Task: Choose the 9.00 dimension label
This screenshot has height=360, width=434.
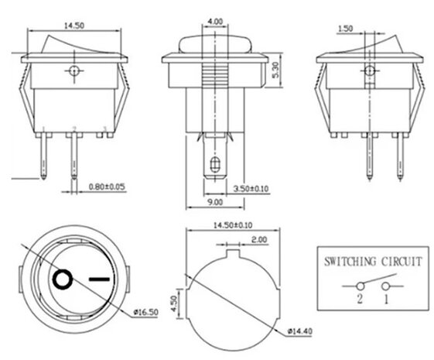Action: click(214, 202)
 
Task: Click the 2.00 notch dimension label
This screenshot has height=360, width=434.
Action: click(259, 241)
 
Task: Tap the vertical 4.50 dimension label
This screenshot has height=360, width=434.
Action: click(175, 301)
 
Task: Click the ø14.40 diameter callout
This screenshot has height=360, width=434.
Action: click(300, 332)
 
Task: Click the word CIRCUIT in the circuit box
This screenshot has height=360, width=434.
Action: click(400, 262)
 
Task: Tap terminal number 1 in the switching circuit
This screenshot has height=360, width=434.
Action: click(387, 298)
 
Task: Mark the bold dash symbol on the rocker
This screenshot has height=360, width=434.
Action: click(99, 277)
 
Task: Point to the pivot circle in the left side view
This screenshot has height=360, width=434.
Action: click(73, 72)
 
